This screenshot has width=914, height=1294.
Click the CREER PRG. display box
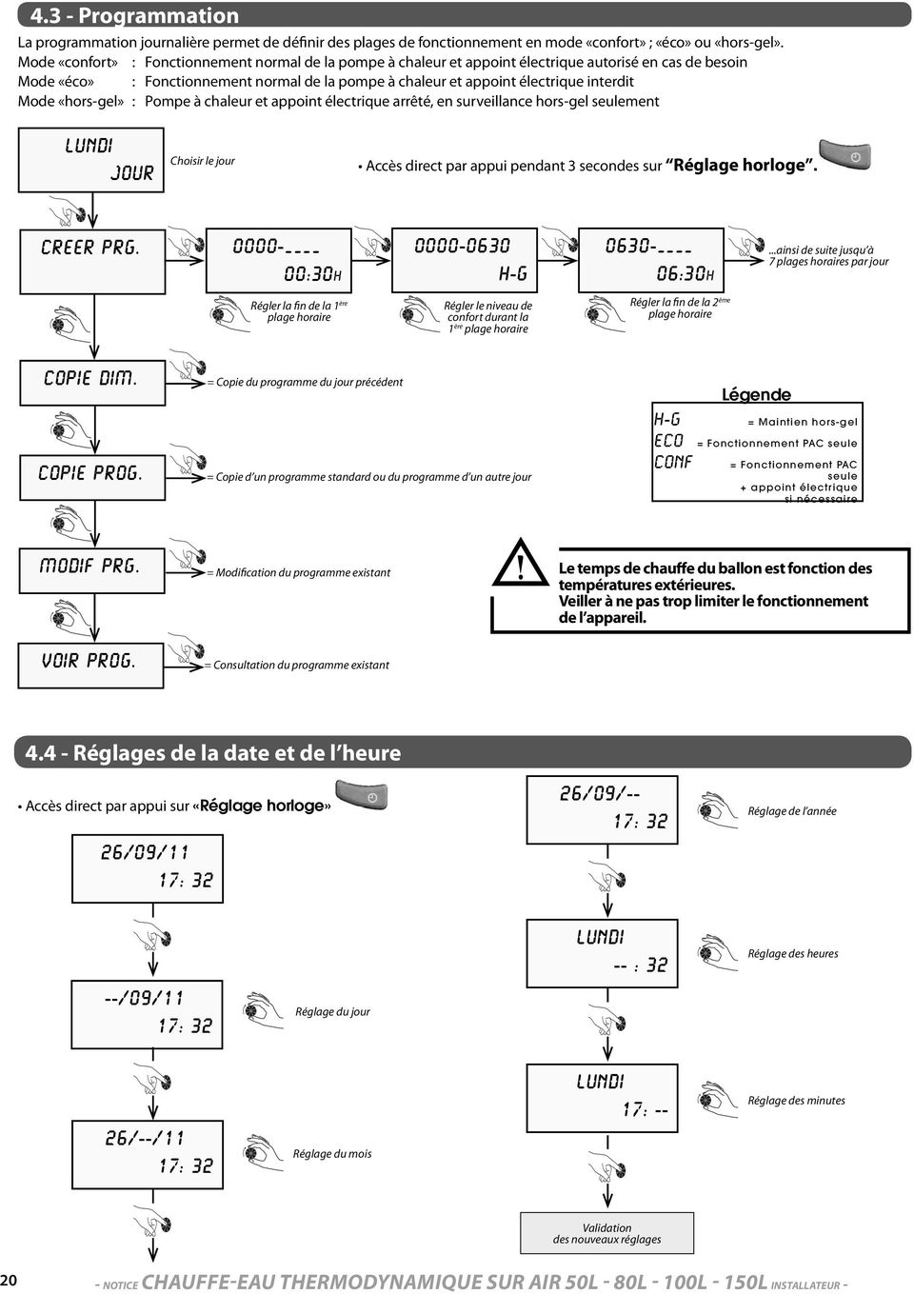point(92,262)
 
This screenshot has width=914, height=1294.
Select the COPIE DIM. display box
point(92,383)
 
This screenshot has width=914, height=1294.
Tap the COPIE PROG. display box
point(92,477)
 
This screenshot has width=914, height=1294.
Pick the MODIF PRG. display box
point(91,570)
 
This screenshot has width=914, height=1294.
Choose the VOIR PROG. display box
point(90,666)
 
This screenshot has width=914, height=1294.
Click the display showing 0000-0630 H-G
point(465,260)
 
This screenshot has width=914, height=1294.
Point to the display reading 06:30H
point(651,260)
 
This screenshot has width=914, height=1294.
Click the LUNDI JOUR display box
point(90,160)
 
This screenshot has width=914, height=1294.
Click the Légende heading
point(756,394)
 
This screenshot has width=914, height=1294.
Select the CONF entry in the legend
point(673,462)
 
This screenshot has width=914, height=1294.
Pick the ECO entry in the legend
point(669,441)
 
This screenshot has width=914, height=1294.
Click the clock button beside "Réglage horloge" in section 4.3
point(844,155)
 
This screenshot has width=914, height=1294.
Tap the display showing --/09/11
point(147,1014)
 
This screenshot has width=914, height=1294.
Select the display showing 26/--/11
point(148,1155)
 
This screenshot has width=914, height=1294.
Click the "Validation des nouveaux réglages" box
point(606,1233)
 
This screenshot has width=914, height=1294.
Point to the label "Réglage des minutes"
point(796,1101)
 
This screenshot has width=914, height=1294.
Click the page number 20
point(9,1280)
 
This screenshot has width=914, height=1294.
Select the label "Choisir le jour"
point(202,161)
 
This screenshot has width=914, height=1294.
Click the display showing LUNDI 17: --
point(602,1098)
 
